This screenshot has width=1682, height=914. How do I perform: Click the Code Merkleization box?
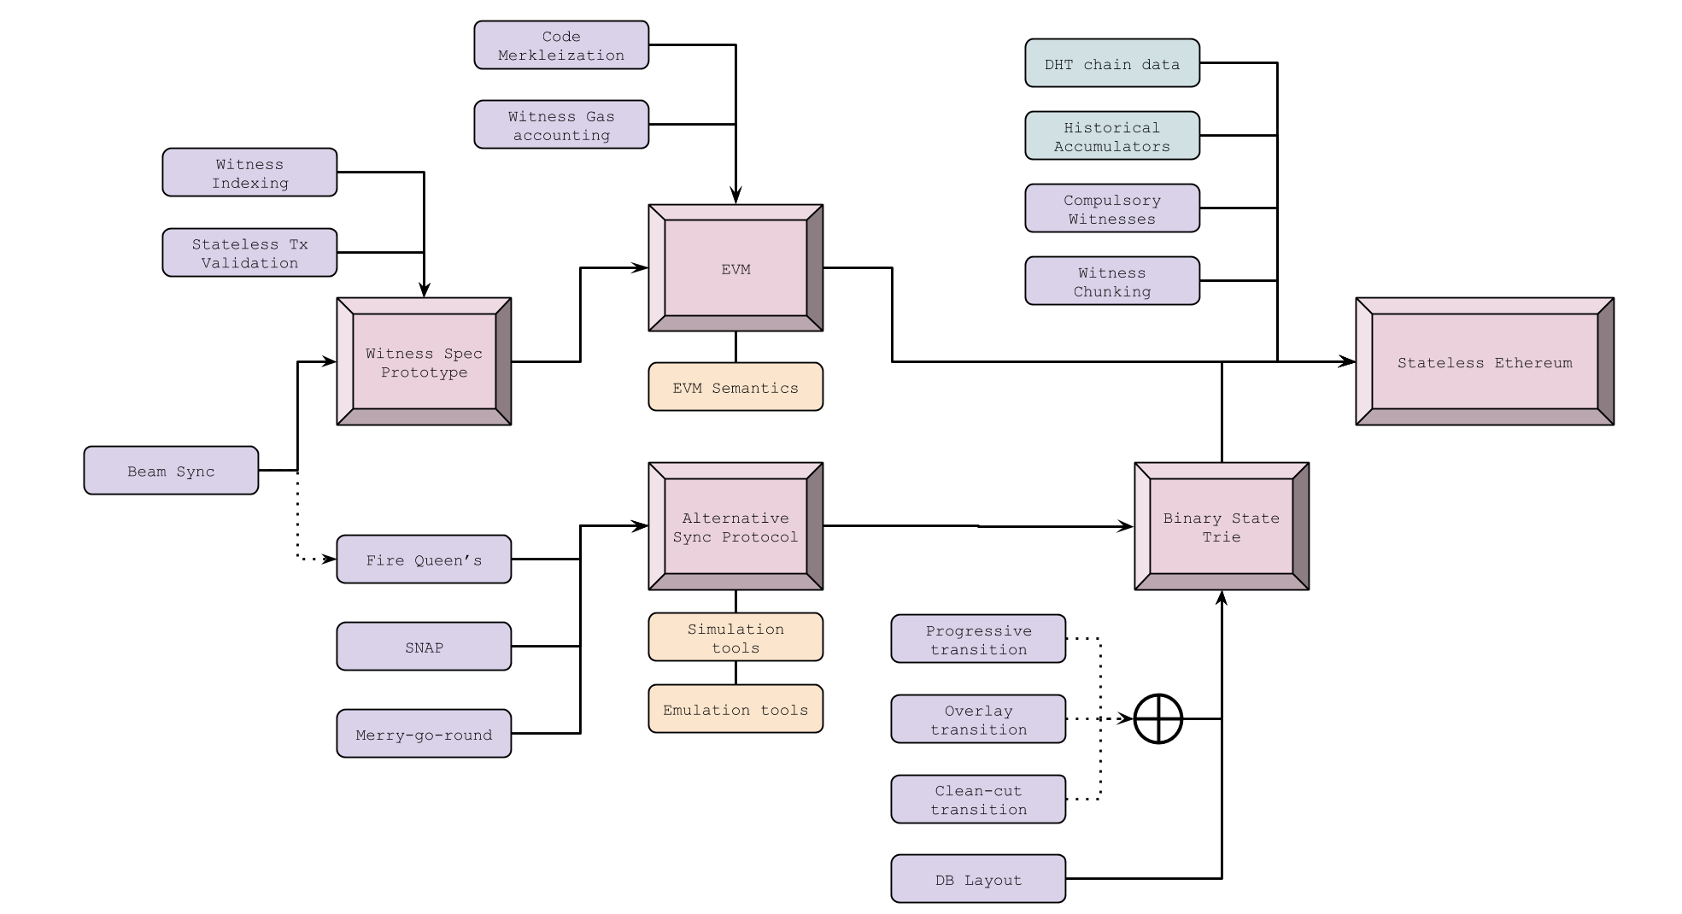tap(561, 45)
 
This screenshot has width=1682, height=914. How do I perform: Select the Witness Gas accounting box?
tap(561, 125)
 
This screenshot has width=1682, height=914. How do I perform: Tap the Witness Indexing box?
tap(249, 173)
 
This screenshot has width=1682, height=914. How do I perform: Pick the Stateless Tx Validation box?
tap(249, 253)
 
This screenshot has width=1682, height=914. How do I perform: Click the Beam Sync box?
tap(171, 471)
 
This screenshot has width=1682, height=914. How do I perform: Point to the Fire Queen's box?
tap(424, 560)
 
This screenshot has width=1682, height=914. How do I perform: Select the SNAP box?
tap(424, 647)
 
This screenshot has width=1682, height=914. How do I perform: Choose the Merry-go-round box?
tap(424, 734)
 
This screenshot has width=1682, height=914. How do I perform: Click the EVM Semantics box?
tap(736, 387)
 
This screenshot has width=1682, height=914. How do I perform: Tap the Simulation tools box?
tap(736, 637)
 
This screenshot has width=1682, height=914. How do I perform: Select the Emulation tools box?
tap(736, 709)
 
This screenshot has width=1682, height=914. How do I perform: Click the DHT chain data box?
tap(1112, 63)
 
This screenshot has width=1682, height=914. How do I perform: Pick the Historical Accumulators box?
tap(1112, 136)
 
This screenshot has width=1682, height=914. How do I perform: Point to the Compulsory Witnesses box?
tap(1112, 208)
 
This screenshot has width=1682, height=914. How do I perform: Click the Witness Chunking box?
tap(1112, 281)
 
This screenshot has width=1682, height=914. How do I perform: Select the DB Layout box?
tap(978, 879)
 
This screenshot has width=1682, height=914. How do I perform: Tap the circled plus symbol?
tap(1158, 718)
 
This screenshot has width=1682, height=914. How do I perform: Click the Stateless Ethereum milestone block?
tap(1485, 361)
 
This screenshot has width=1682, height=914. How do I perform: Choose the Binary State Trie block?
tap(1222, 526)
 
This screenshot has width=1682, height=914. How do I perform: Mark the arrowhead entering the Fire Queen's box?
tap(330, 560)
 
